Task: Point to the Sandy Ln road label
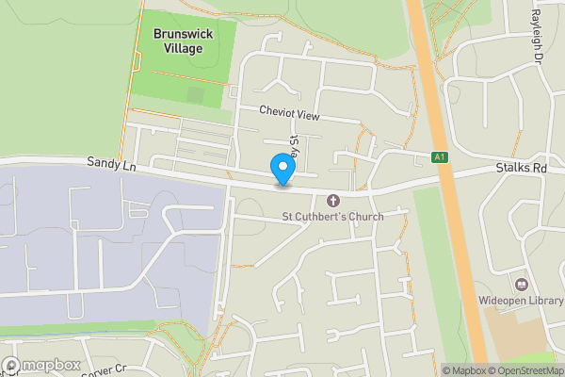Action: (112, 164)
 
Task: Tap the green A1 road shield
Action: (440, 157)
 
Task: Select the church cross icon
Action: (332, 200)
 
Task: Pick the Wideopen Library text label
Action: (521, 302)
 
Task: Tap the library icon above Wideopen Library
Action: (521, 284)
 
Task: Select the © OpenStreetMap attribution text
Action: (527, 370)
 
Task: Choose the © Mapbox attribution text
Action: (463, 370)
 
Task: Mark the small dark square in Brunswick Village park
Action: (195, 95)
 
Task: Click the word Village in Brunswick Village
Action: (182, 48)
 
